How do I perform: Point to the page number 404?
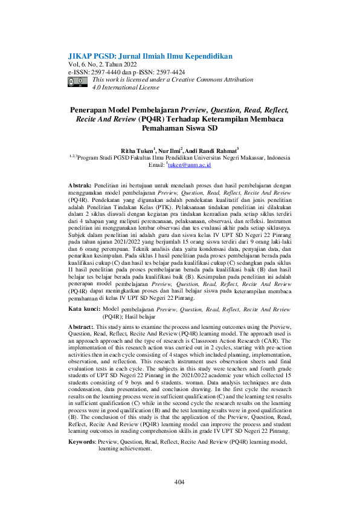click(179, 482)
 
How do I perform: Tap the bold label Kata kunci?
click(83, 309)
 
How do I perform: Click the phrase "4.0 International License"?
click(126, 88)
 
